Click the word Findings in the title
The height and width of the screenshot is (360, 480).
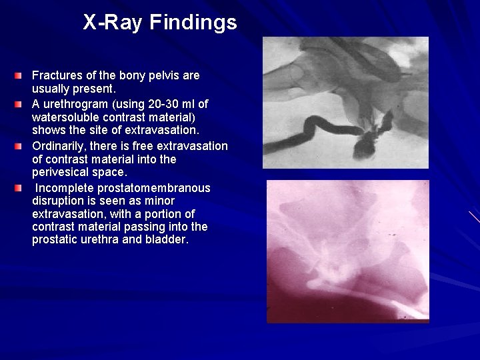[x=193, y=23]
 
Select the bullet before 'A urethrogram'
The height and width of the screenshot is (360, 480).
[x=23, y=105]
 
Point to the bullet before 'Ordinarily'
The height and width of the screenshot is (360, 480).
[x=23, y=146]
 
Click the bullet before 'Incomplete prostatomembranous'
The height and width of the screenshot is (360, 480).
[x=23, y=188]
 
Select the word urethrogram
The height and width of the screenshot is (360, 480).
[x=81, y=104]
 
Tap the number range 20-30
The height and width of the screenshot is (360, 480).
[x=165, y=104]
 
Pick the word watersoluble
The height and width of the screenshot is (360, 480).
[x=65, y=117]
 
